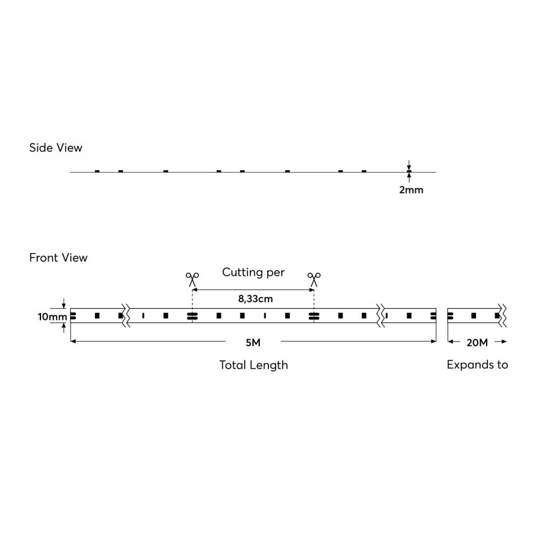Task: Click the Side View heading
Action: click(x=56, y=148)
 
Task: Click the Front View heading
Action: click(x=58, y=258)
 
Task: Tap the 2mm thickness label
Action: click(x=411, y=190)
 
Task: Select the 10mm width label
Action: click(x=52, y=316)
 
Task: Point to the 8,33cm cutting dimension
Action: click(x=255, y=299)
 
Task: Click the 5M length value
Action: click(x=253, y=343)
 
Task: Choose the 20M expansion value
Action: click(x=477, y=343)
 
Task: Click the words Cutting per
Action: click(x=253, y=272)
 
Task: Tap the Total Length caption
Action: click(x=253, y=365)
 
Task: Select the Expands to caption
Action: click(x=477, y=364)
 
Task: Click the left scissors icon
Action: click(x=192, y=279)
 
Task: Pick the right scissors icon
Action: click(x=314, y=279)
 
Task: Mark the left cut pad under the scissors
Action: click(x=192, y=316)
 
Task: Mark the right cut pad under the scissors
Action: click(x=314, y=316)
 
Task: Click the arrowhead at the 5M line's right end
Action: click(x=434, y=341)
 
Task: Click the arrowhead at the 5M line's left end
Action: click(x=73, y=341)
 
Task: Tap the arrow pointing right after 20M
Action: click(x=501, y=342)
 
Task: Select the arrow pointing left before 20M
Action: click(x=454, y=342)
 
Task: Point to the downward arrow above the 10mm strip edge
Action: click(x=64, y=303)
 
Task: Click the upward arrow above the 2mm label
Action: click(x=409, y=177)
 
